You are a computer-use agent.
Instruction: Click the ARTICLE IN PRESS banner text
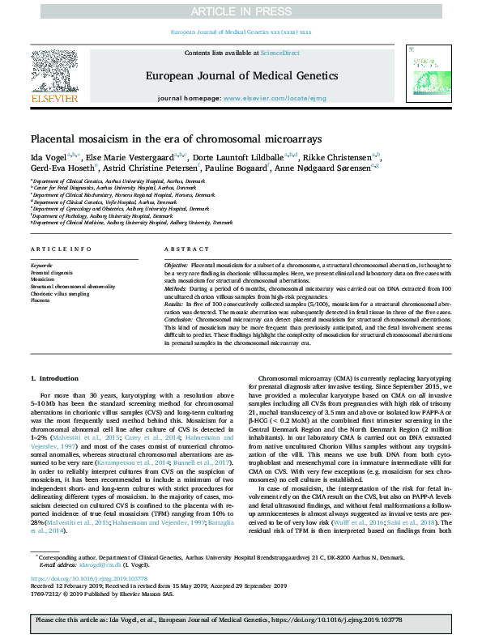click(241, 10)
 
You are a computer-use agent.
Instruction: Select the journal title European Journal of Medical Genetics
click(241, 76)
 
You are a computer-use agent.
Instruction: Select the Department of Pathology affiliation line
click(101, 216)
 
